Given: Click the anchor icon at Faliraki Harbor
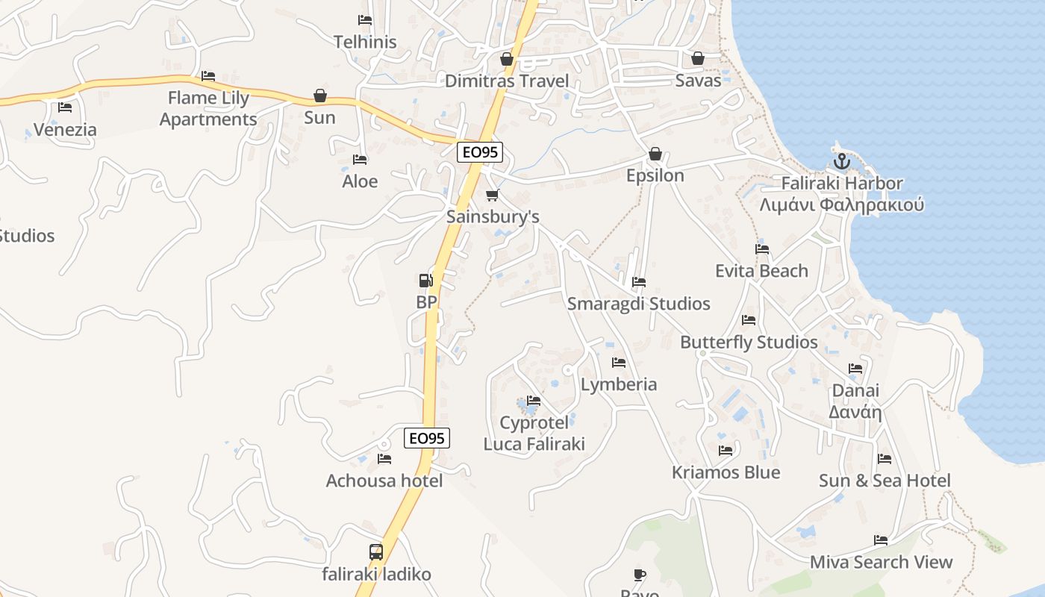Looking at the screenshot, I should coord(841,160).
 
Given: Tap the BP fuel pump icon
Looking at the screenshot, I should coord(425,281).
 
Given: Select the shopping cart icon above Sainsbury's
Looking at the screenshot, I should coord(492,196).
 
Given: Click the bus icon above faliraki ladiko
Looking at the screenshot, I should coord(376,552).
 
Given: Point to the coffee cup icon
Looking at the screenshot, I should coord(639,575).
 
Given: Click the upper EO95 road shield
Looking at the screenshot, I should coord(481,152).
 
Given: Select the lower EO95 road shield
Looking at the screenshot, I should coord(428,438).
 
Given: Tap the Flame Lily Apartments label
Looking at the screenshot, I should coord(208,108).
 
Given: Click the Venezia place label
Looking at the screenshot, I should coord(65,130).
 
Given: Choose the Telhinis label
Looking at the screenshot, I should coord(365,42).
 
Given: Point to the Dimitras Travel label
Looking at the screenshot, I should coord(507,81).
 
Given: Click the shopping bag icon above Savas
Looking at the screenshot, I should coord(698,58).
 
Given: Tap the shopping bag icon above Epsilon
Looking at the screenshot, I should coord(655,154).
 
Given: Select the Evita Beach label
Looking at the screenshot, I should coord(761,271).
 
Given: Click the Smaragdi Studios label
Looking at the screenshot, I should coord(638,304).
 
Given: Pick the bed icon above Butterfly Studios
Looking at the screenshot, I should coord(749,320).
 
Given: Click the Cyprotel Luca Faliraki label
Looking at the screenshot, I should coord(534,434).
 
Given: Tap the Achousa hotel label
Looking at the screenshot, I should coord(384,481).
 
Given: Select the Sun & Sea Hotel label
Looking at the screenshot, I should coord(885,481).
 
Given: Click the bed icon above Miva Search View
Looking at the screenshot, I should coord(881,540).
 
